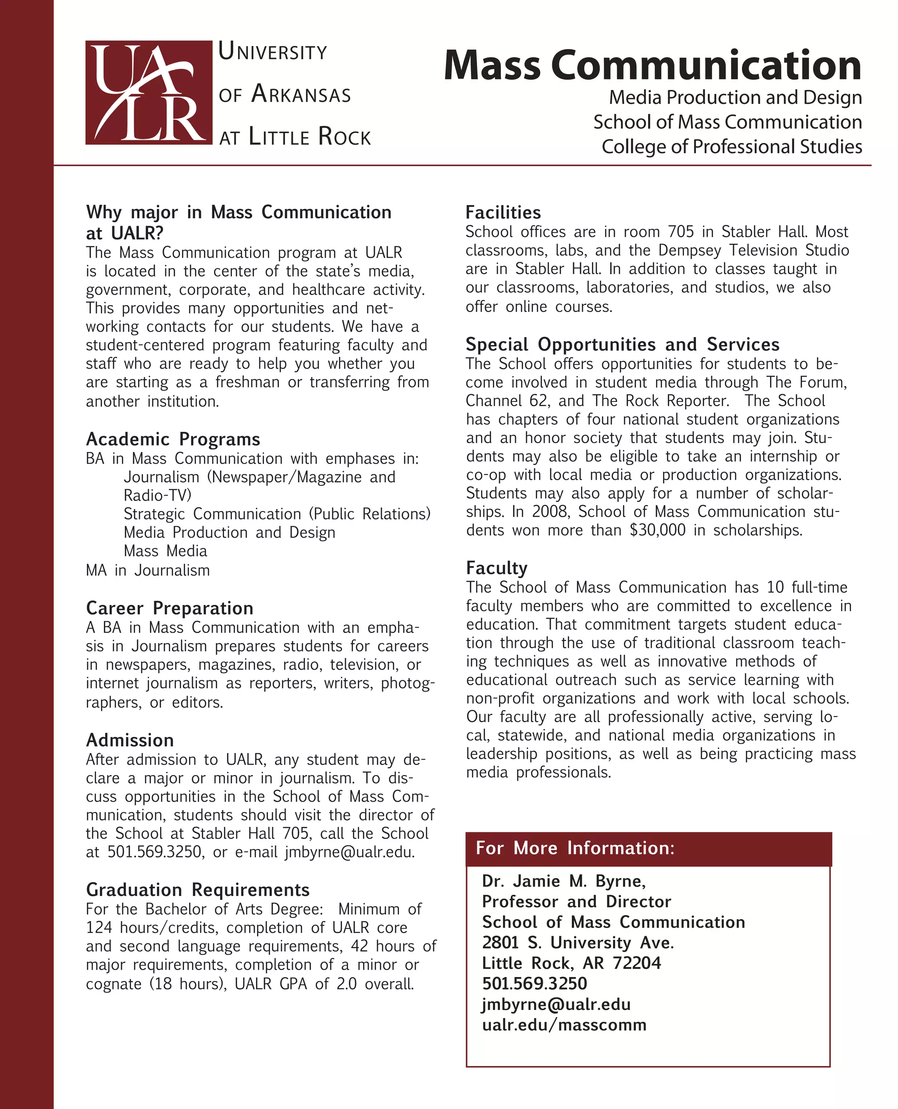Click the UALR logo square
[x=149, y=92]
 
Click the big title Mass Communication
[x=652, y=65]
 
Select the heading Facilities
[x=503, y=213]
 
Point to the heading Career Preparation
[x=170, y=608]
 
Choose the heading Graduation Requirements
[x=198, y=889]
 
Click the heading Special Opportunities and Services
[x=622, y=345]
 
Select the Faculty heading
[x=497, y=568]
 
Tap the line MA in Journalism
[x=148, y=570]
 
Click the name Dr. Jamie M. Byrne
[x=564, y=881]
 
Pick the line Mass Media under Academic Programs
[x=166, y=551]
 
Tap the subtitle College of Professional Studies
[x=731, y=146]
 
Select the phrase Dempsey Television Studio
[x=753, y=250]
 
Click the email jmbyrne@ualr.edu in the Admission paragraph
[x=349, y=852]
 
